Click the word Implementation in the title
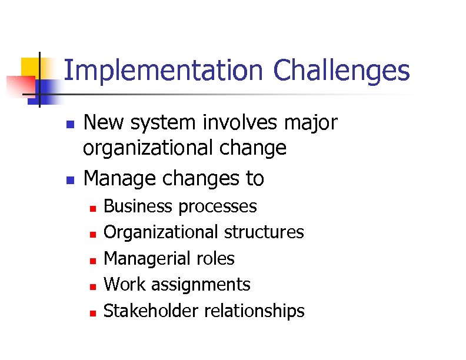[x=162, y=72]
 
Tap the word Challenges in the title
[x=341, y=72]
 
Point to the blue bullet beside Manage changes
[x=69, y=179]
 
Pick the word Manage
[x=117, y=178]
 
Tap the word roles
[x=217, y=259]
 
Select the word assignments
[x=201, y=285]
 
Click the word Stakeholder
[x=151, y=311]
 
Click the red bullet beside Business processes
[x=92, y=208]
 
